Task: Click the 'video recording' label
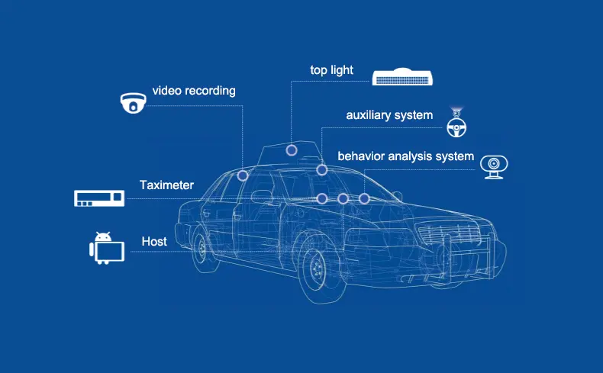point(194,91)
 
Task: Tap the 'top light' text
point(331,70)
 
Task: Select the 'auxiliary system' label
point(389,115)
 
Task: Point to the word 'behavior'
point(362,156)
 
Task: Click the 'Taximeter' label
point(166,185)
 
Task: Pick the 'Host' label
point(154,242)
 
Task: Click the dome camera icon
point(133,102)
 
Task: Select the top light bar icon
point(403,77)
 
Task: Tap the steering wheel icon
point(457,125)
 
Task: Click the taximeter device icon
point(99,198)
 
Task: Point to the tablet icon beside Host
point(107,251)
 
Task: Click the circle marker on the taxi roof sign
point(292,150)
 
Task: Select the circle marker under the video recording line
point(243,175)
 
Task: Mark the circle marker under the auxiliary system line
point(322,169)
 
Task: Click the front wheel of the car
point(315,268)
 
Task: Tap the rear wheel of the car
point(201,248)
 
